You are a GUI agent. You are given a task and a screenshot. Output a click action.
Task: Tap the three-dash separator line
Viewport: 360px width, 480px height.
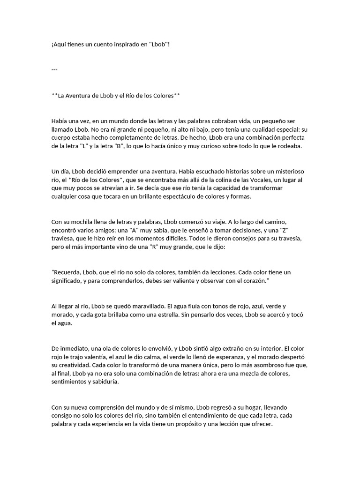(54, 70)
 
